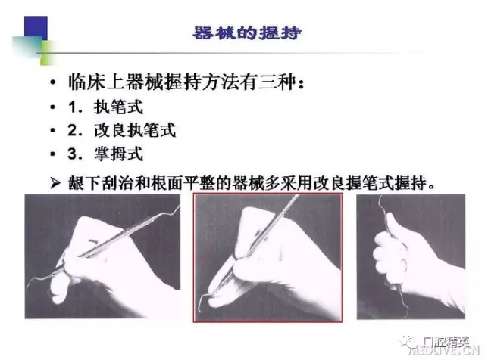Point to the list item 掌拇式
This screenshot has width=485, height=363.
124,154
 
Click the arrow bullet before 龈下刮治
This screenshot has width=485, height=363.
53,181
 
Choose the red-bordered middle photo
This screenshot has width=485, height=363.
268,256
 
